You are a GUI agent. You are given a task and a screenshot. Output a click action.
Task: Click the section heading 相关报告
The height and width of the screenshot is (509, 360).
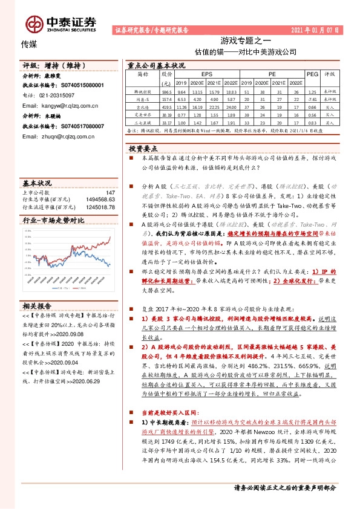point(37,305)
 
